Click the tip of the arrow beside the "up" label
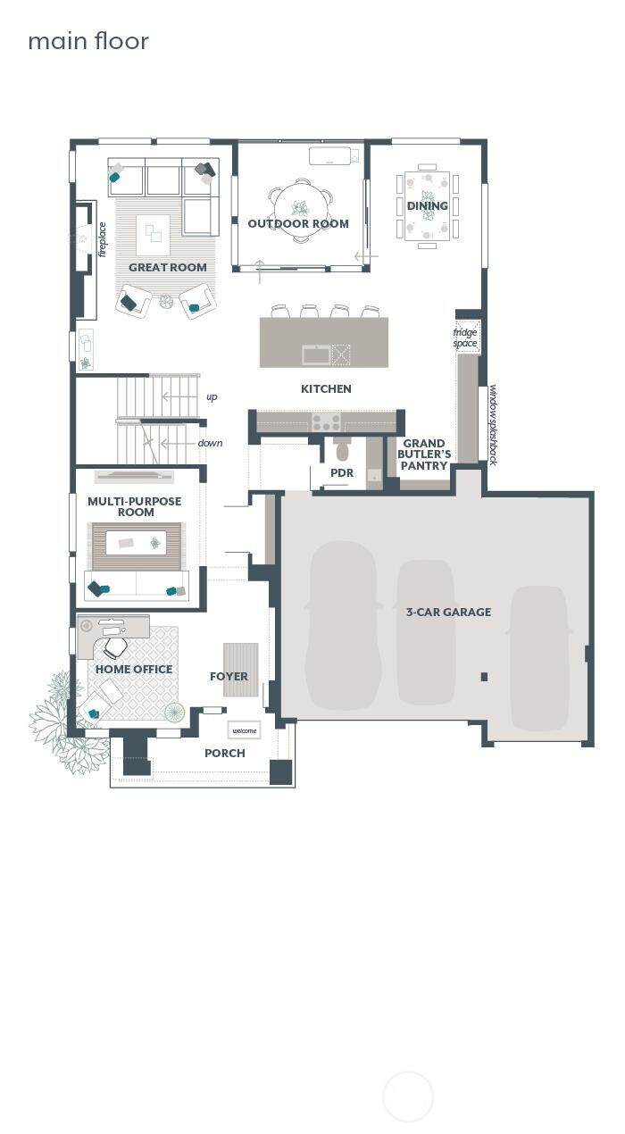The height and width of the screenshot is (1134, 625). tap(162, 396)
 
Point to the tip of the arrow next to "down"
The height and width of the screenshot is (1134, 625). tap(161, 444)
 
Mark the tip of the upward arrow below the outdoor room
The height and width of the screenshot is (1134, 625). tap(260, 260)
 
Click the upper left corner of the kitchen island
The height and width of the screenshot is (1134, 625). tap(260, 317)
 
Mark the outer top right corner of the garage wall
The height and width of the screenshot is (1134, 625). tap(594, 490)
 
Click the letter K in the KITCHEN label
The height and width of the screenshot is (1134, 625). tap(304, 388)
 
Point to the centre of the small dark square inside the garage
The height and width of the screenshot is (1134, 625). tap(484, 676)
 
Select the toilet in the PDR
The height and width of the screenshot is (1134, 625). tap(343, 449)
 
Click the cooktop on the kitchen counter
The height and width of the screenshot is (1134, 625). tap(326, 421)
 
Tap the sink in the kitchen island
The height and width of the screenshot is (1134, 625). tap(316, 354)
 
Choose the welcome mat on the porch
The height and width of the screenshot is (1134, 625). tap(244, 730)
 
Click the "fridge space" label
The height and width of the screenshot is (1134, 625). tap(465, 338)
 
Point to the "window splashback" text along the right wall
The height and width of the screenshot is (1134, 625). tap(493, 425)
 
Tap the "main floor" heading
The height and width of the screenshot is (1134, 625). tap(88, 41)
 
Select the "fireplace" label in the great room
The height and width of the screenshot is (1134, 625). tap(103, 240)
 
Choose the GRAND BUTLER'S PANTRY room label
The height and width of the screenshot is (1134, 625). tap(424, 454)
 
